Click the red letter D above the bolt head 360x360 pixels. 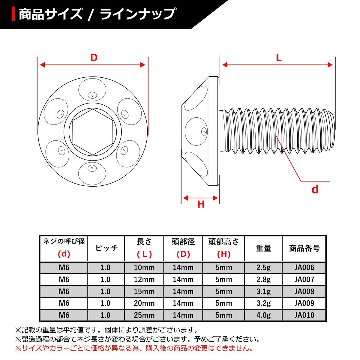[94, 57]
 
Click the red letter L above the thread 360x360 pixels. [279, 58]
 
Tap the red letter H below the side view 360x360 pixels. [201, 204]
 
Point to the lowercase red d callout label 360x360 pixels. [315, 190]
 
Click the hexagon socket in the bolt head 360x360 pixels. [92, 132]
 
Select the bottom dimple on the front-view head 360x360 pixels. [92, 173]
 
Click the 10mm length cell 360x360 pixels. [144, 268]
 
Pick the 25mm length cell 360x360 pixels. [144, 315]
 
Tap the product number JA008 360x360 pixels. [304, 291]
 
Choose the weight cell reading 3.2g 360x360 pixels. [263, 303]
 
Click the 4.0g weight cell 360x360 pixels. [263, 315]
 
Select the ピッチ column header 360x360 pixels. [106, 248]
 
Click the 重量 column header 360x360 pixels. [263, 248]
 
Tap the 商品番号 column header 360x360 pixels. [304, 248]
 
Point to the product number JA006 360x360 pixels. [304, 268]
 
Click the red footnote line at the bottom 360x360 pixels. [133, 349]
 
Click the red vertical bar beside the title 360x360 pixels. [13, 14]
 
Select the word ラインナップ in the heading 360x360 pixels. [138, 14]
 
